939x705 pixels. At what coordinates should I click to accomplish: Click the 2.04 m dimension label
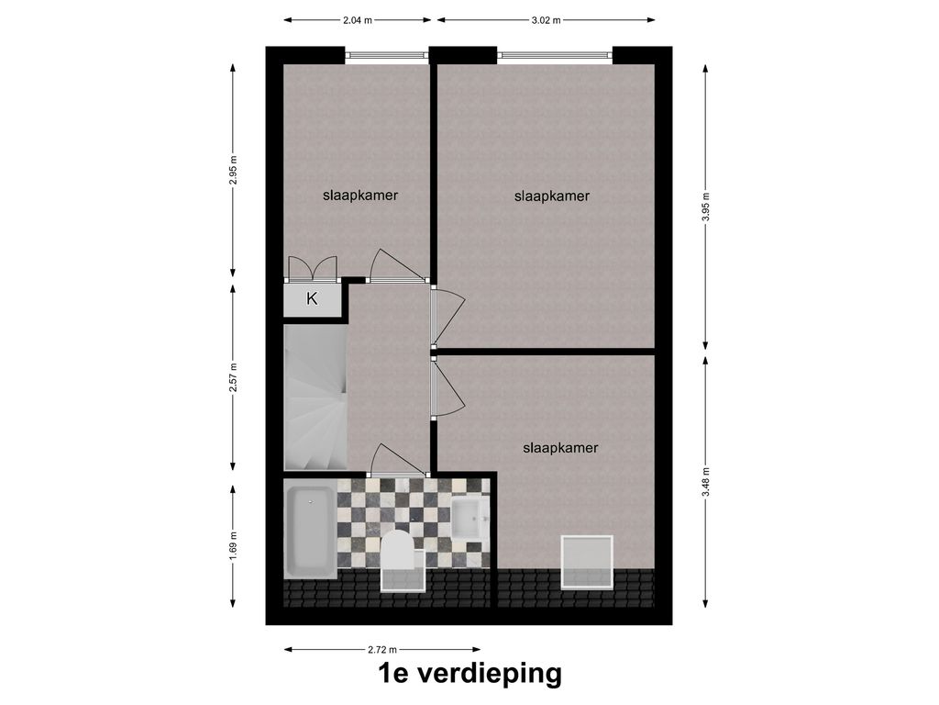pyautogui.click(x=358, y=20)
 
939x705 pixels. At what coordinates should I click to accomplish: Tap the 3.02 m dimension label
pyautogui.click(x=547, y=20)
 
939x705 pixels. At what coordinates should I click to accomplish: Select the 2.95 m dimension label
pyautogui.click(x=234, y=171)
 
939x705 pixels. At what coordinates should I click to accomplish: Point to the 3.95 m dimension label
pyautogui.click(x=706, y=207)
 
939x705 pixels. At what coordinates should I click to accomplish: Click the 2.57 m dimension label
pyautogui.click(x=234, y=377)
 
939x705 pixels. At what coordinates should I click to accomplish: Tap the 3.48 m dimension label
pyautogui.click(x=706, y=481)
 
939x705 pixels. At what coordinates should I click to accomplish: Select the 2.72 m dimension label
pyautogui.click(x=382, y=649)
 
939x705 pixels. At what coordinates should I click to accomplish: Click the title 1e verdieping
pyautogui.click(x=469, y=673)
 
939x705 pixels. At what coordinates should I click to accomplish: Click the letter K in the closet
pyautogui.click(x=312, y=298)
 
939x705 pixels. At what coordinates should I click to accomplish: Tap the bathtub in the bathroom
pyautogui.click(x=310, y=532)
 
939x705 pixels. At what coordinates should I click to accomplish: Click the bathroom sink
pyautogui.click(x=469, y=518)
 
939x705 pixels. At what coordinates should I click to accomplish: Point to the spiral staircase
pyautogui.click(x=315, y=397)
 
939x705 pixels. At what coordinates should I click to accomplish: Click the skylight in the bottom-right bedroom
pyautogui.click(x=587, y=563)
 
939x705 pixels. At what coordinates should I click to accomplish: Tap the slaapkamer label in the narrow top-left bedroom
pyautogui.click(x=360, y=196)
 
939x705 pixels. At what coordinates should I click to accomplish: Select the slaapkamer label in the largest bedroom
pyautogui.click(x=552, y=196)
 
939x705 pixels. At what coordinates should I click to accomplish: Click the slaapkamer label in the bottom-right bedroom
pyautogui.click(x=560, y=448)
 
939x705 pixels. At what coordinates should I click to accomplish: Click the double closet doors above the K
pyautogui.click(x=312, y=269)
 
